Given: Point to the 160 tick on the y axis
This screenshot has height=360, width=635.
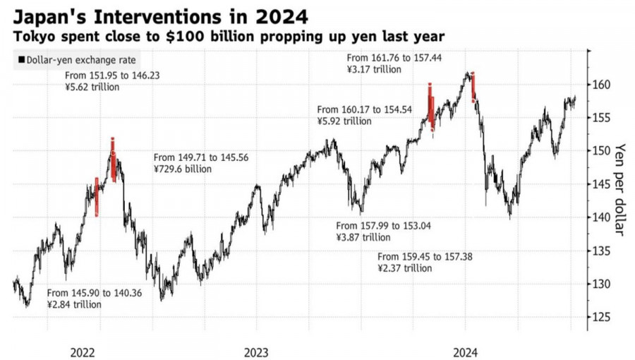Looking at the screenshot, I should point(600,85).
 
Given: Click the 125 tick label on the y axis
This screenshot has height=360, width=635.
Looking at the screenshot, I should point(600,317).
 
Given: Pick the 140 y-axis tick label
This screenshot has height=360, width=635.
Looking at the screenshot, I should point(600,217).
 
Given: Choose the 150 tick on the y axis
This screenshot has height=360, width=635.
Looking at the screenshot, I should point(600,151).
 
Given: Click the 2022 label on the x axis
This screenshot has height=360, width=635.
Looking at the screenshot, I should point(83,351).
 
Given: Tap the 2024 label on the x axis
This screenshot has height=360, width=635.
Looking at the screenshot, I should point(465,351).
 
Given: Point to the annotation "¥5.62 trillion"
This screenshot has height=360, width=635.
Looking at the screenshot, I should point(92,88).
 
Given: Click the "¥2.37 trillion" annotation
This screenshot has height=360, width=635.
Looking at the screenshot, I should point(405,268).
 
